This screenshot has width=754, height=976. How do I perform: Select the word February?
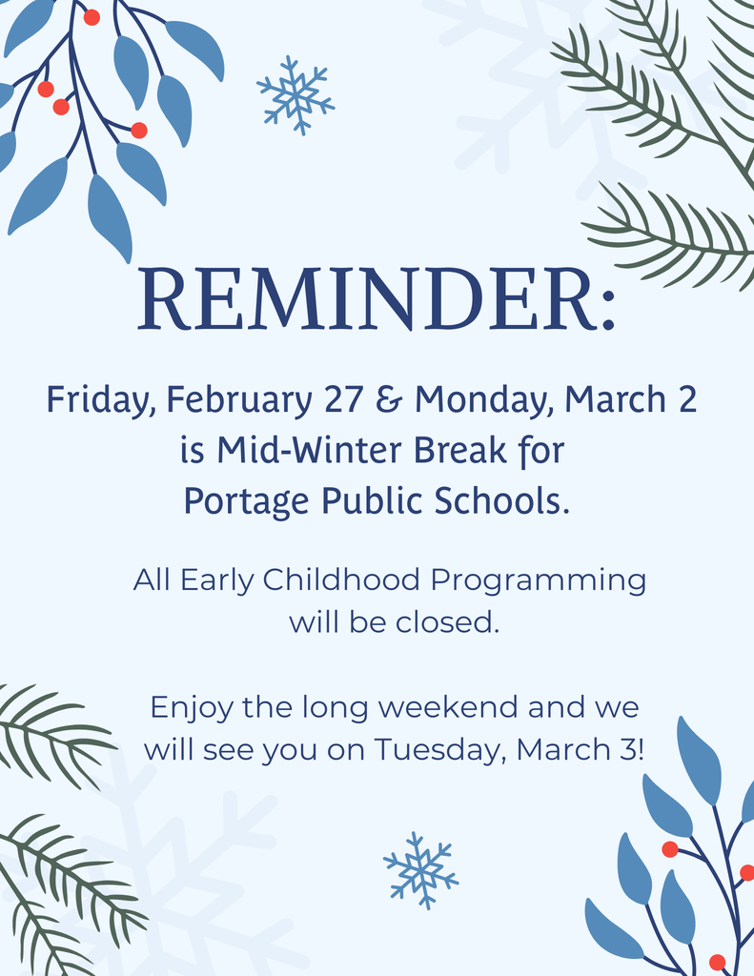tap(239, 400)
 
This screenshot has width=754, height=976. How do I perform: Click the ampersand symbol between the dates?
tap(389, 399)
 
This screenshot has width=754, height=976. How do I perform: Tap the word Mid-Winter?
tap(303, 450)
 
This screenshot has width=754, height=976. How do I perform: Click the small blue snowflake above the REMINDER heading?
tap(295, 94)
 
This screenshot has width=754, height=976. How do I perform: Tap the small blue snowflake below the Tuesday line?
tap(420, 870)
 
